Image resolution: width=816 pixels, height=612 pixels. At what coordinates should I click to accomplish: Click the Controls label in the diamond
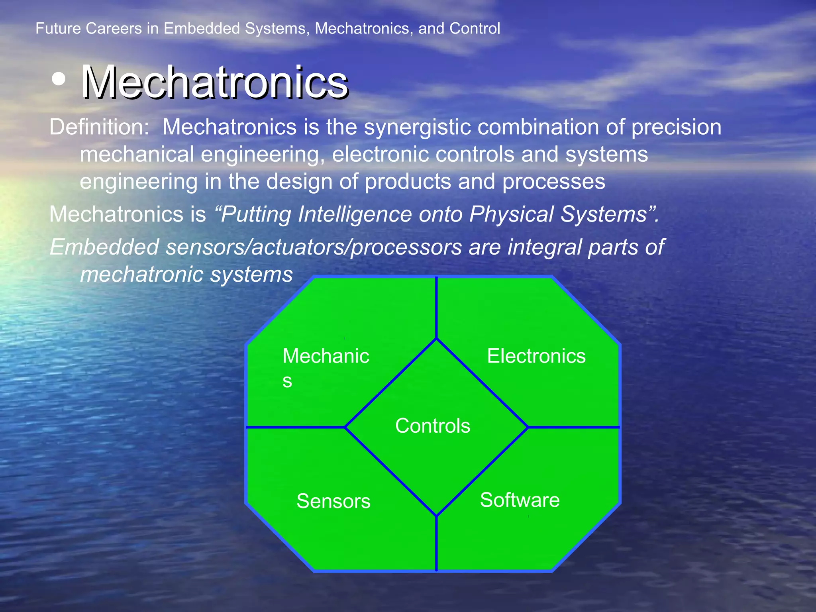point(432,426)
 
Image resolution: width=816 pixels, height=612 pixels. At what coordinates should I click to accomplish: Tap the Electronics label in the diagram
point(536,356)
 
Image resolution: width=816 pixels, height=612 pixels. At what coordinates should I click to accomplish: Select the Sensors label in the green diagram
point(333,501)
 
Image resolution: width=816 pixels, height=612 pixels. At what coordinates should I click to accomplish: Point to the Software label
point(520,500)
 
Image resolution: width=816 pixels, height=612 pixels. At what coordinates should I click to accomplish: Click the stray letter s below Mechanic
point(287,381)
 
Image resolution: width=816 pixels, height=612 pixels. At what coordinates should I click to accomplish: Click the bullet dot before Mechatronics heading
point(59,79)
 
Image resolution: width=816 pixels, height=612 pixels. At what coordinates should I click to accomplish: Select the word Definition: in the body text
point(99,127)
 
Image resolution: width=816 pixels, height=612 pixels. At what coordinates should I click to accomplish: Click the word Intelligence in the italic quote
point(355,214)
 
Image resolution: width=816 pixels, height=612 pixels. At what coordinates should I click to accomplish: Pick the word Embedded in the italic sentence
point(104,247)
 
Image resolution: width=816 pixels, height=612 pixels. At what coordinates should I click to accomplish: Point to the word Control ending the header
point(475,29)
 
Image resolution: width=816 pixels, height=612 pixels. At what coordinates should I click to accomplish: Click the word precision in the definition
point(676,127)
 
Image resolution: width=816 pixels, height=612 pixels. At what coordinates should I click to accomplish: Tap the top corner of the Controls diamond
point(437,339)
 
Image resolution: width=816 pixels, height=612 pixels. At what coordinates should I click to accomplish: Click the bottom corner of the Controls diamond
point(437,516)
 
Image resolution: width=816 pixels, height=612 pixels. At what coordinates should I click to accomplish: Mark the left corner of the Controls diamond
point(345,427)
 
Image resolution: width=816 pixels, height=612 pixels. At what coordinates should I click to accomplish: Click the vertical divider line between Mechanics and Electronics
point(437,307)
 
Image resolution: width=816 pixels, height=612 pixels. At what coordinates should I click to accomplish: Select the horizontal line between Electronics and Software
point(574,427)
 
